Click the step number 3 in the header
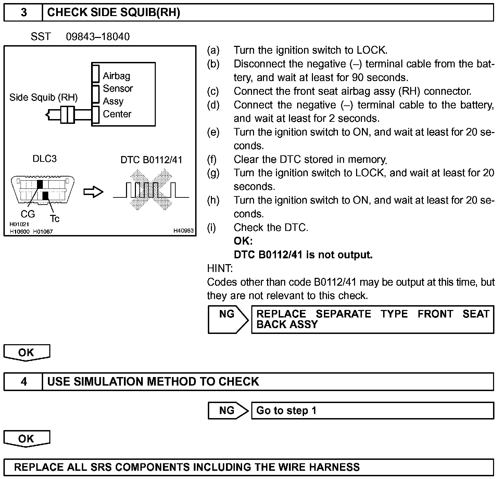23,13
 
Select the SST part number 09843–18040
98,37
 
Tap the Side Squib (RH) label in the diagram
43,98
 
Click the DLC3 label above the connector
45,159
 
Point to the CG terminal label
28,214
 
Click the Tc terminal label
54,219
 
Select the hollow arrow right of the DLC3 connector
93,192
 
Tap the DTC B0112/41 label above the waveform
151,160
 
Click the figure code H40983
184,231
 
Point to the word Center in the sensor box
117,114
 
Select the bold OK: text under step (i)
243,241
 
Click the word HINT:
220,268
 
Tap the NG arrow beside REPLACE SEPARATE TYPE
228,319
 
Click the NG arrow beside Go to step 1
228,411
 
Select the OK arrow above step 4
27,353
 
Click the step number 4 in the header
23,381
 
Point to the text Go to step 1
286,411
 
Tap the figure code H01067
43,232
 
